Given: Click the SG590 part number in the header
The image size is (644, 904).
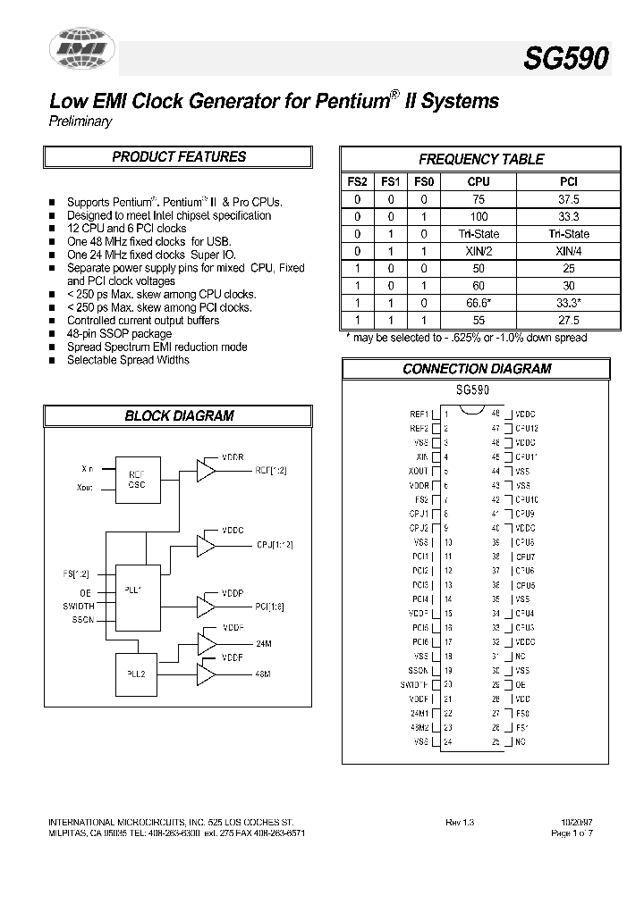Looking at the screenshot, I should [x=566, y=59].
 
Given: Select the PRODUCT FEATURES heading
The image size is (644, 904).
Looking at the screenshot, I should [x=179, y=157].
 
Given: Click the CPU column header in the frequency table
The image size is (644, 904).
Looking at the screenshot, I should [x=479, y=181].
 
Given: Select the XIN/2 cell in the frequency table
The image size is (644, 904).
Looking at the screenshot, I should [x=479, y=250].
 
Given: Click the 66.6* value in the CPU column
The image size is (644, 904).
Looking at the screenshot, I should [x=479, y=302].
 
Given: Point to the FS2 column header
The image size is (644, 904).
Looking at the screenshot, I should [x=357, y=181].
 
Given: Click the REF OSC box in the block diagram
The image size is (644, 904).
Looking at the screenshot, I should [x=137, y=480].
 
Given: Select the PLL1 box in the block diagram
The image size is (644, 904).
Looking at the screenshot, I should [x=137, y=590].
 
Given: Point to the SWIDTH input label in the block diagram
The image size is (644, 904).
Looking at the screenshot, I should [x=79, y=606].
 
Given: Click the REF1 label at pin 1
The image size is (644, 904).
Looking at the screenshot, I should [x=419, y=414].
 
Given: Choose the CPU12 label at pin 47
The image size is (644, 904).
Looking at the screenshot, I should [x=526, y=429].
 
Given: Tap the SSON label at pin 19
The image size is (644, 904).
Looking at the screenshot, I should [x=418, y=671].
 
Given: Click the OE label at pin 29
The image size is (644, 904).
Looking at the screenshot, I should [x=520, y=685].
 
